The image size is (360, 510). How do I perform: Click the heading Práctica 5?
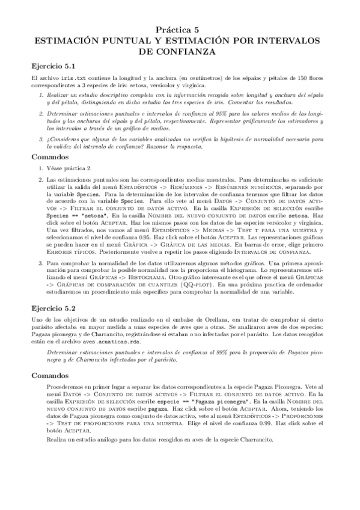[180, 29]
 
